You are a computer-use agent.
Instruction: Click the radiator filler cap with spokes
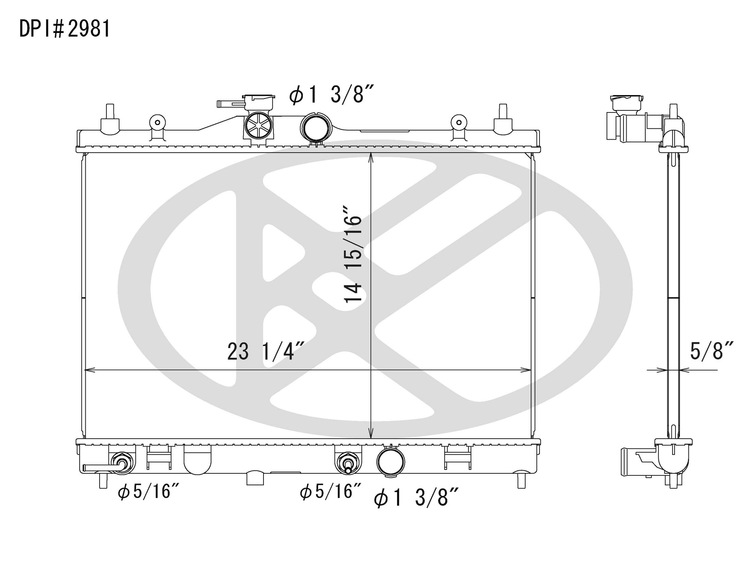(x=258, y=125)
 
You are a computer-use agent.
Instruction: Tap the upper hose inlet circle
(x=316, y=127)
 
